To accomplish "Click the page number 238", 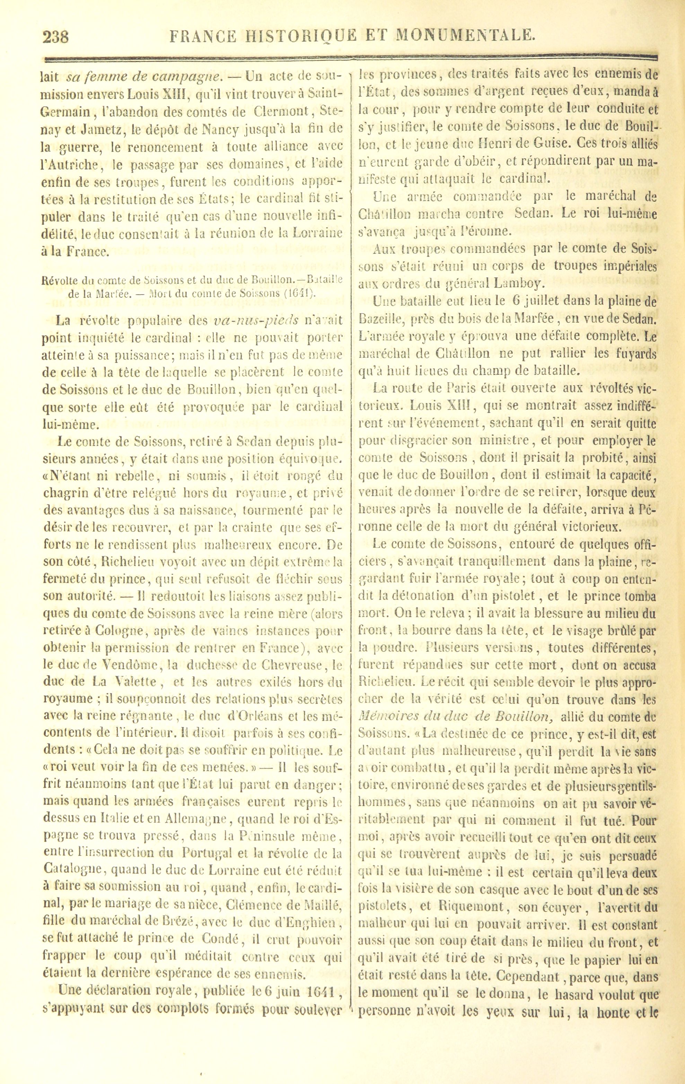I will click(x=56, y=36).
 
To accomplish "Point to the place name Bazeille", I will click(x=383, y=319).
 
